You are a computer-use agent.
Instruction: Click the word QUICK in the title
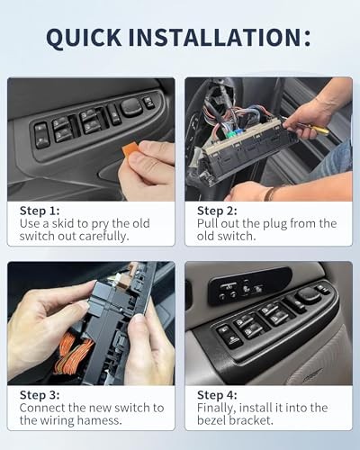pyautogui.click(x=84, y=38)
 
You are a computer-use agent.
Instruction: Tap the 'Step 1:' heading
pyautogui.click(x=40, y=211)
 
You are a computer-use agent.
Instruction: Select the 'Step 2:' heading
pyautogui.click(x=217, y=211)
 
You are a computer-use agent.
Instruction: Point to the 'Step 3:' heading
pyautogui.click(x=40, y=395)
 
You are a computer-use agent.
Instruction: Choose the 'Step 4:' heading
pyautogui.click(x=217, y=395)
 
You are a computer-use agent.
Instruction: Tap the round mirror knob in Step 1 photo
pyautogui.click(x=131, y=107)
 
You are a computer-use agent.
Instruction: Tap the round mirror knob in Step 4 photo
pyautogui.click(x=308, y=294)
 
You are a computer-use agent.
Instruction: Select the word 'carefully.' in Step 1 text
pyautogui.click(x=103, y=237)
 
